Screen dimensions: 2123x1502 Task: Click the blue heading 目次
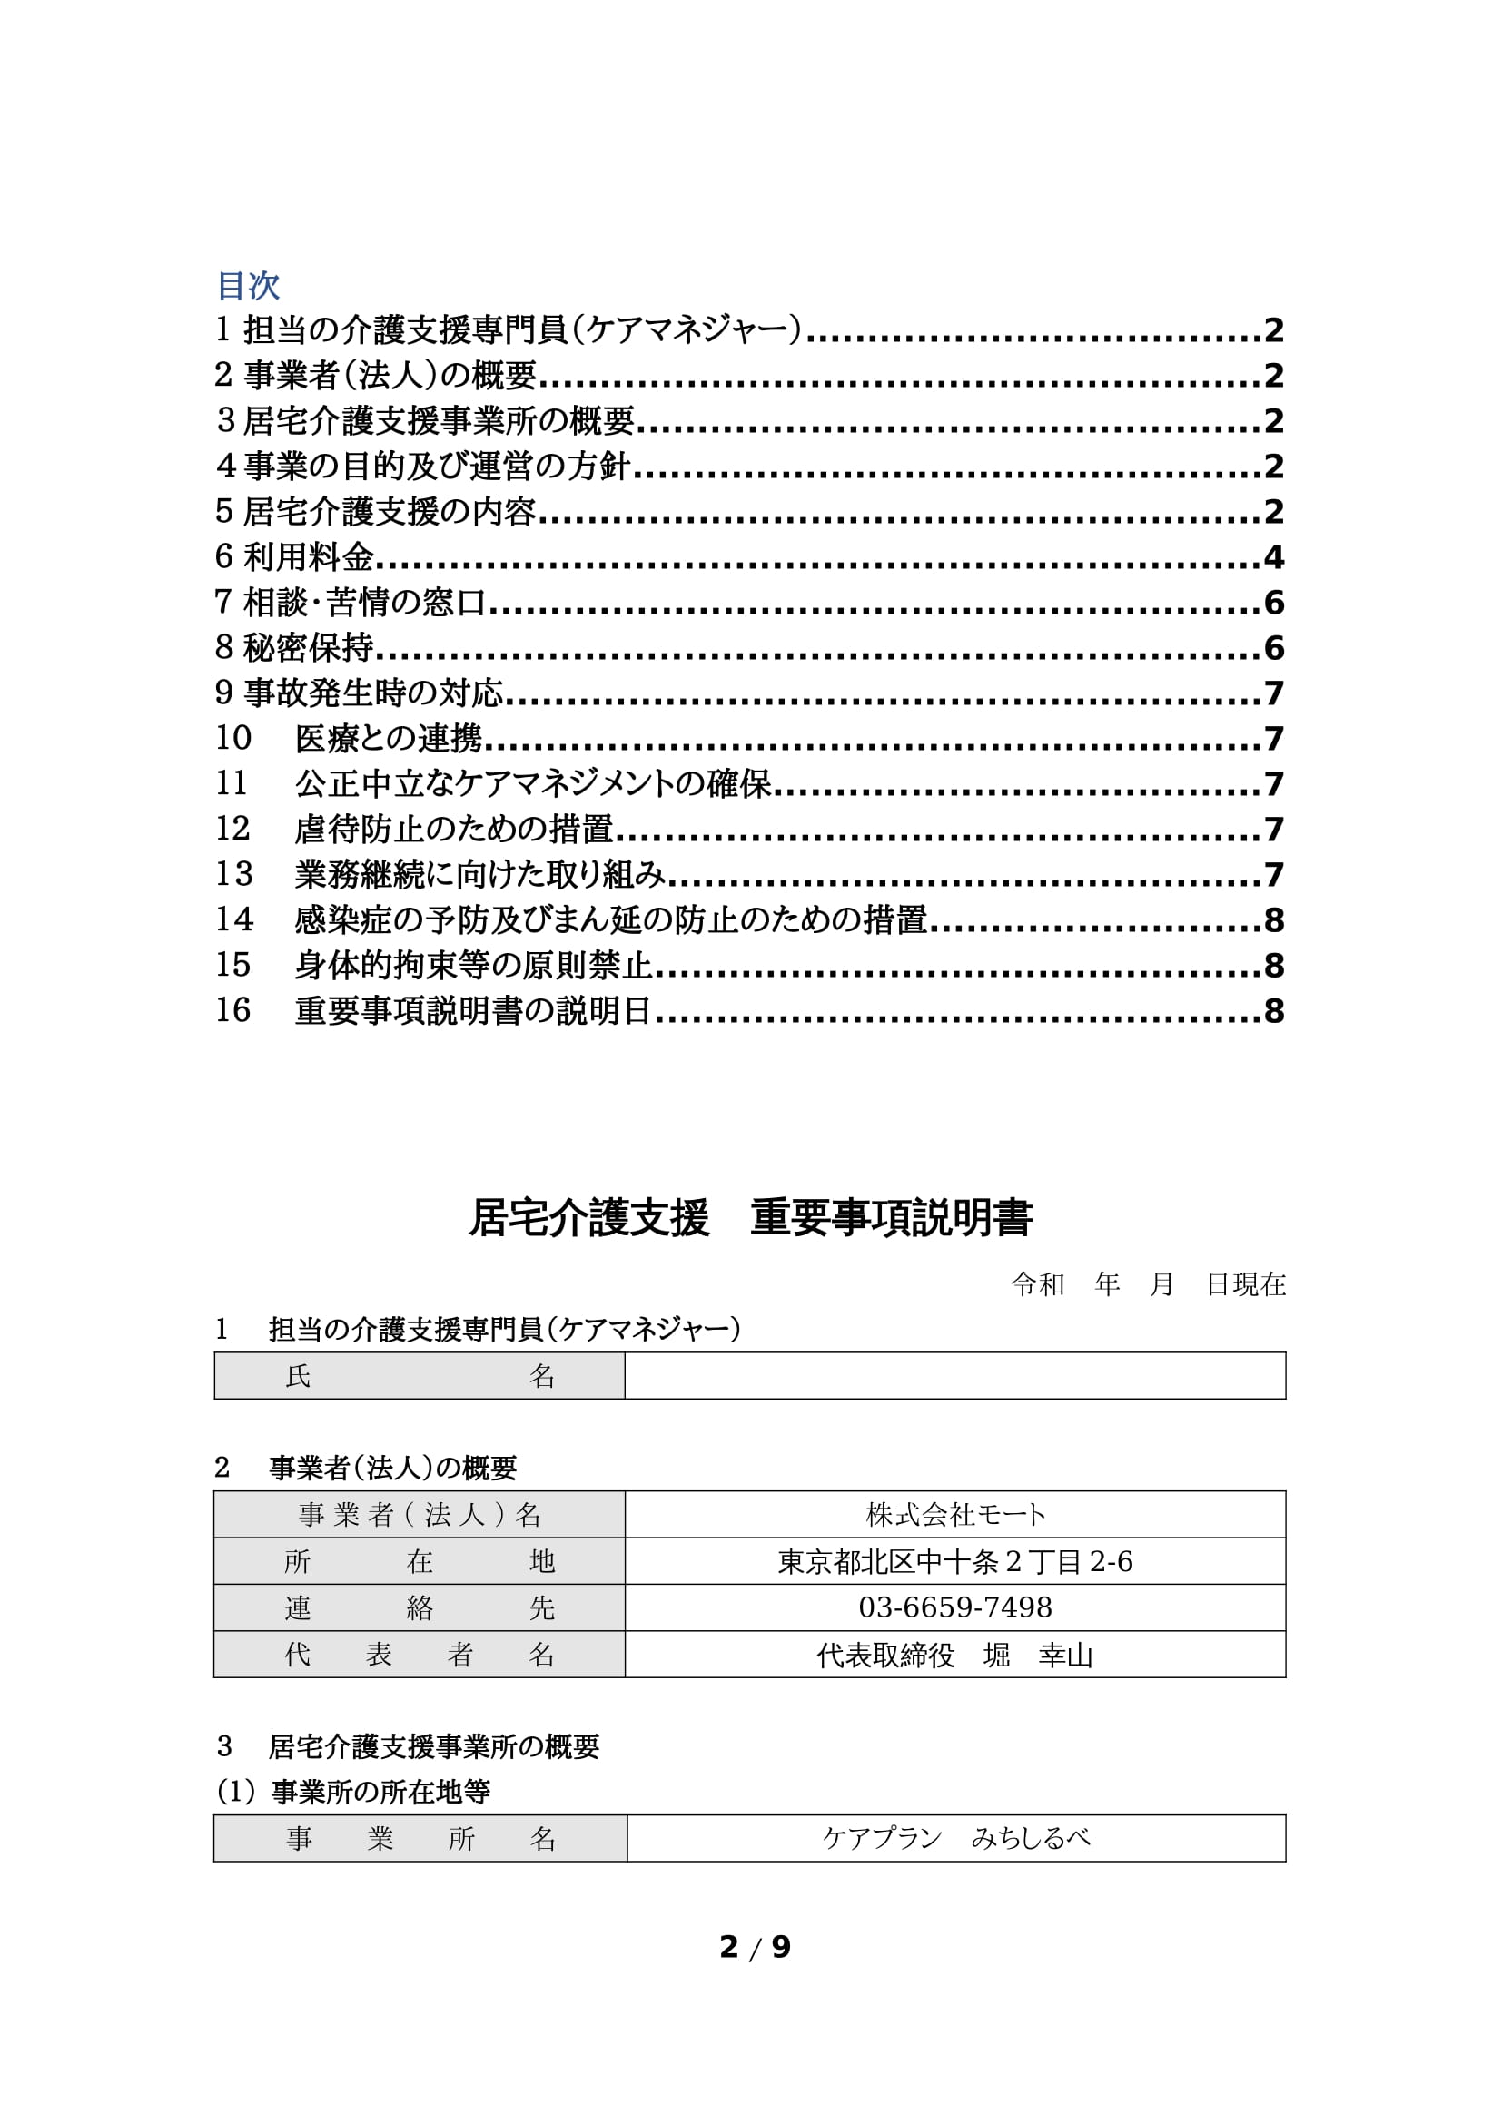(248, 286)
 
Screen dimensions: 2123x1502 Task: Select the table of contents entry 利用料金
(308, 556)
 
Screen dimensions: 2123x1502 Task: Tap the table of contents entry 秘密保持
(308, 647)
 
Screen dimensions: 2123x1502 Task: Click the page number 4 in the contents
(1273, 556)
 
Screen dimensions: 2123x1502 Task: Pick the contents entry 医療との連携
(389, 738)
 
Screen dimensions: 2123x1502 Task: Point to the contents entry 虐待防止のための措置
(453, 829)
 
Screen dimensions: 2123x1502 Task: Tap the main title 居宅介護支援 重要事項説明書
(750, 1218)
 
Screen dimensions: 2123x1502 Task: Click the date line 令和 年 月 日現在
(1147, 1284)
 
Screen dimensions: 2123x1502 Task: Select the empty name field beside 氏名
(954, 1376)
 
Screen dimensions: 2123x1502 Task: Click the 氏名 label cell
(419, 1376)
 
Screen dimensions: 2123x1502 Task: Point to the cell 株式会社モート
(955, 1515)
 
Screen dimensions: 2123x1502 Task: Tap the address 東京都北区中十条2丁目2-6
(955, 1561)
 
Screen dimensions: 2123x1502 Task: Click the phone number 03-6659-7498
(955, 1607)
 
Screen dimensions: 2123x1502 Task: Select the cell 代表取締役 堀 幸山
(955, 1655)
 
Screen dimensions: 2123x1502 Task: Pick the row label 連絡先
(419, 1608)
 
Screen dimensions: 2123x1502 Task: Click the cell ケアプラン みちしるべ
(956, 1838)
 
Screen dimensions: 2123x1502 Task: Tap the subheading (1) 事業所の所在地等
(352, 1792)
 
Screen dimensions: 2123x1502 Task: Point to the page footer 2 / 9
(755, 1947)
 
